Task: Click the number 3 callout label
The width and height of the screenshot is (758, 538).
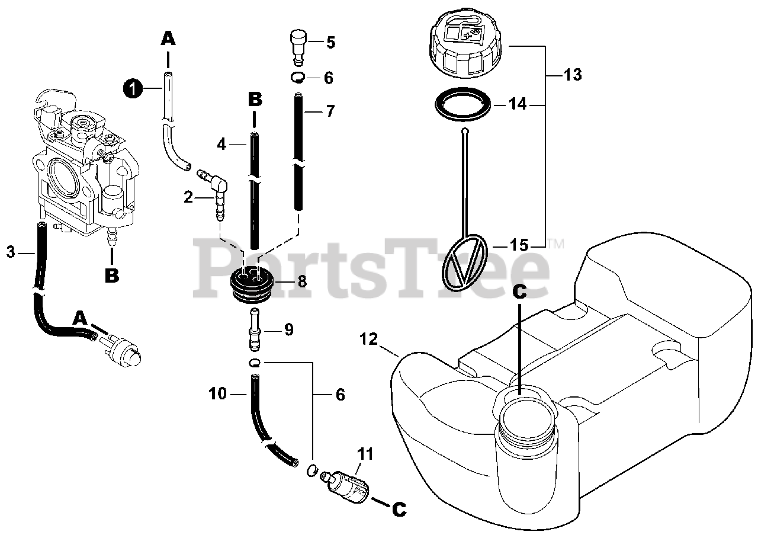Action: (11, 252)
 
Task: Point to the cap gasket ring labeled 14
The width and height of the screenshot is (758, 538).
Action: (463, 104)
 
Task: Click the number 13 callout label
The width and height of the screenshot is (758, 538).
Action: (573, 75)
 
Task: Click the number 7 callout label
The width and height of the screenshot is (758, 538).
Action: (330, 111)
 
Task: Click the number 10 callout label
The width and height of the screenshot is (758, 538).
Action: (218, 393)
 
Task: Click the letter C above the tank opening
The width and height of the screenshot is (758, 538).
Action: (519, 291)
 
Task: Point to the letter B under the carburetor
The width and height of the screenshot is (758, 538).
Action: (112, 275)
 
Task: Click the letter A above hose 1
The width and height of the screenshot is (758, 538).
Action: (168, 39)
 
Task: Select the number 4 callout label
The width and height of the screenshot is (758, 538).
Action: (222, 143)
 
